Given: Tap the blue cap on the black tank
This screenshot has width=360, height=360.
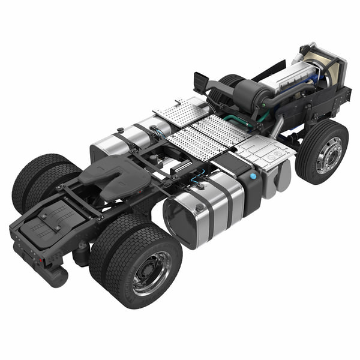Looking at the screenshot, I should tap(253, 177).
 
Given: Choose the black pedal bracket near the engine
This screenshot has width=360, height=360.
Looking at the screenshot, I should tap(201, 81).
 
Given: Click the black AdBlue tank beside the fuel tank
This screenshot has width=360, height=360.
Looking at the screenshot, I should tap(249, 186).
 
